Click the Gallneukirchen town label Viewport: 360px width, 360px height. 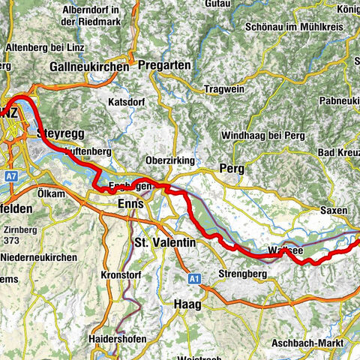tap(88, 67)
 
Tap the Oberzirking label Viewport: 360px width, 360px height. tap(170, 160)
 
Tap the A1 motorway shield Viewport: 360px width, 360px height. tap(194, 278)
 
